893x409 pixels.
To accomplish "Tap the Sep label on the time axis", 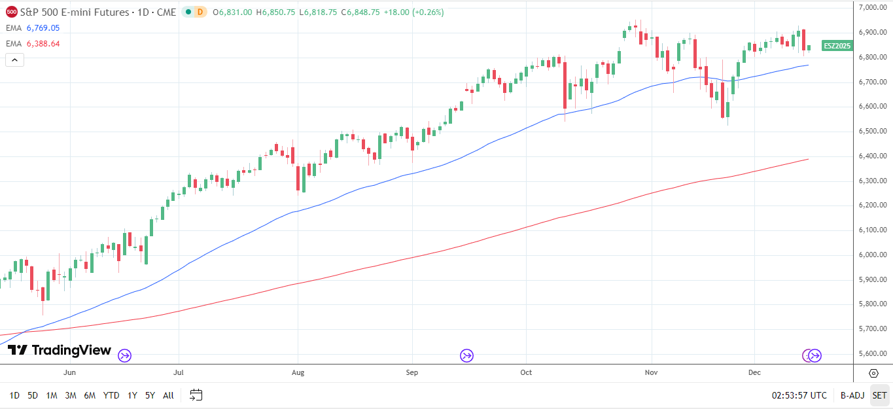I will click(412, 372).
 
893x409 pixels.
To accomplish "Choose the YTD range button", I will click(111, 395).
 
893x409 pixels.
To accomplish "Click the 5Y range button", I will click(150, 395).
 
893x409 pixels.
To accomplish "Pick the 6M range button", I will click(90, 395).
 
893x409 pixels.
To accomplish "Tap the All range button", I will click(168, 395).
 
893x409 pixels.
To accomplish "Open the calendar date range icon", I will click(196, 395).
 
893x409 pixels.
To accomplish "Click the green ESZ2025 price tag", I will click(837, 45).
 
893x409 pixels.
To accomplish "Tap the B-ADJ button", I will click(852, 395).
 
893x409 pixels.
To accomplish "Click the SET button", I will click(879, 395).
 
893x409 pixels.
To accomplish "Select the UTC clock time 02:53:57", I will click(799, 395).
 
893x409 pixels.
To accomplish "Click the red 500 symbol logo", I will click(12, 12).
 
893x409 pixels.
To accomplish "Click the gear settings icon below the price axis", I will click(873, 373).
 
